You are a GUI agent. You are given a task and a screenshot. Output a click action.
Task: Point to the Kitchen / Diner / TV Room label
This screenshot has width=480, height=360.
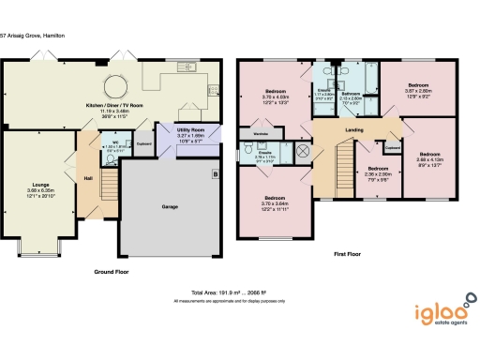109,106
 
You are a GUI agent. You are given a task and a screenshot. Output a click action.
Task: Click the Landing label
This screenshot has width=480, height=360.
354,130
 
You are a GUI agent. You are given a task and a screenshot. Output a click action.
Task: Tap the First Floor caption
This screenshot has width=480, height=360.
347,252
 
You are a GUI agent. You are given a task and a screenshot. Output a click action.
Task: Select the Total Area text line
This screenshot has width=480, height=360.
240,292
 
